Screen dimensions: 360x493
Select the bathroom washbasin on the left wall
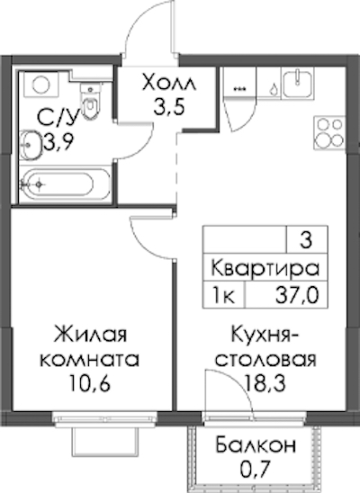tap(31, 145)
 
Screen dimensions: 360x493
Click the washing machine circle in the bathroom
tap(41, 85)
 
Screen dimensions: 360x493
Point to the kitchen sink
tap(297, 84)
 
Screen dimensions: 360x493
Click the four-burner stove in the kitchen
tap(329, 132)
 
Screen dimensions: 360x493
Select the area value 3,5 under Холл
tap(169, 107)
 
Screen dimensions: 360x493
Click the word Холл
tap(169, 83)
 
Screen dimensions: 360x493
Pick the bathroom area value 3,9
tap(58, 142)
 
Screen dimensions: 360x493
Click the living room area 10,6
tap(90, 383)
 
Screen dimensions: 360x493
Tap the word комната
tap(90, 359)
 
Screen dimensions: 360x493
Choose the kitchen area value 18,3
tap(265, 383)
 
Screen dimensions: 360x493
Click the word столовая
tap(265, 359)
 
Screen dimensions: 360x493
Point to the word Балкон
tap(256, 445)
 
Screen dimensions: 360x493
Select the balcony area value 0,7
tap(256, 470)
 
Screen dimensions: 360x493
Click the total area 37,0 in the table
tap(297, 296)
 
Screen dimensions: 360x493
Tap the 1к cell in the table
tap(224, 296)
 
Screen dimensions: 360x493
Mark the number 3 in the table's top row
tap(306, 239)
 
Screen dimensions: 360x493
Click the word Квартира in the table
tap(265, 268)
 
